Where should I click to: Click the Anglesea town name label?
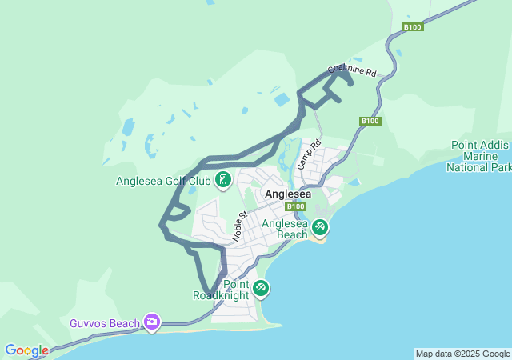click(x=287, y=194)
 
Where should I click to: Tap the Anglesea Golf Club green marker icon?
click(x=223, y=180)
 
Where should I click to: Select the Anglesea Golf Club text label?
click(x=163, y=181)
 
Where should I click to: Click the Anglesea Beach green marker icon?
click(x=320, y=227)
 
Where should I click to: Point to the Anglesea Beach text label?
click(x=285, y=229)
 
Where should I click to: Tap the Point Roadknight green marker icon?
click(x=260, y=287)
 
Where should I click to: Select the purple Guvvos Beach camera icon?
click(x=151, y=322)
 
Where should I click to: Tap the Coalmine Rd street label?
click(x=352, y=71)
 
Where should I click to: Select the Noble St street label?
click(x=238, y=226)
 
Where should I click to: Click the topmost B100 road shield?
click(x=412, y=27)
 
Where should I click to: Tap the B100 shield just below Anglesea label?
click(x=296, y=206)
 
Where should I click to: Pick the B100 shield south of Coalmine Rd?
click(x=370, y=121)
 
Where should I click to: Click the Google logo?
click(x=26, y=350)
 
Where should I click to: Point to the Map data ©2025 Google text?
click(x=462, y=354)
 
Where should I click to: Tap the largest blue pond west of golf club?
click(x=128, y=127)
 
